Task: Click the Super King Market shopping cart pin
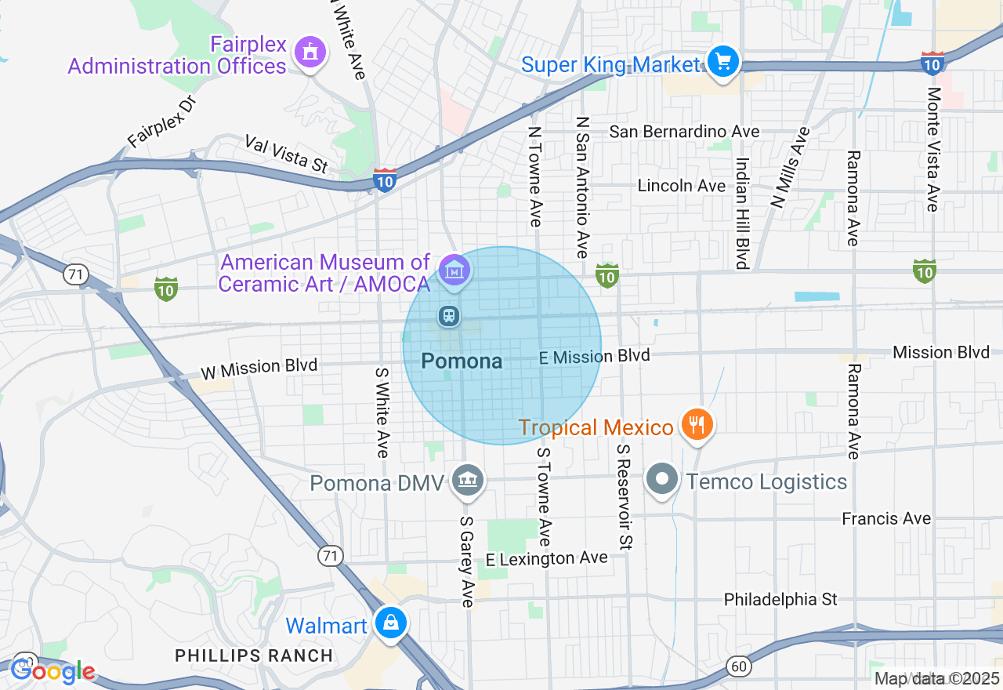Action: click(722, 61)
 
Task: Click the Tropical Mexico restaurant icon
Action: click(695, 425)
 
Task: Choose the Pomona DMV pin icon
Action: click(468, 479)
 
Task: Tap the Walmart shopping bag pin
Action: click(389, 623)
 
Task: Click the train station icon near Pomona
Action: click(448, 316)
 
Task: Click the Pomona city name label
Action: click(462, 361)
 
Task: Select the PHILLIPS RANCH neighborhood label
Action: click(254, 655)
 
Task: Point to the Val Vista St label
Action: click(287, 154)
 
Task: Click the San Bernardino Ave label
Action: click(684, 132)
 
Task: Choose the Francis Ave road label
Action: click(886, 518)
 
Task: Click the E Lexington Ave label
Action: click(547, 558)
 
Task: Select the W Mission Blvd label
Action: click(259, 367)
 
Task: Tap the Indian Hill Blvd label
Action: click(741, 212)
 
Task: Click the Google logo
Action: click(53, 671)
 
